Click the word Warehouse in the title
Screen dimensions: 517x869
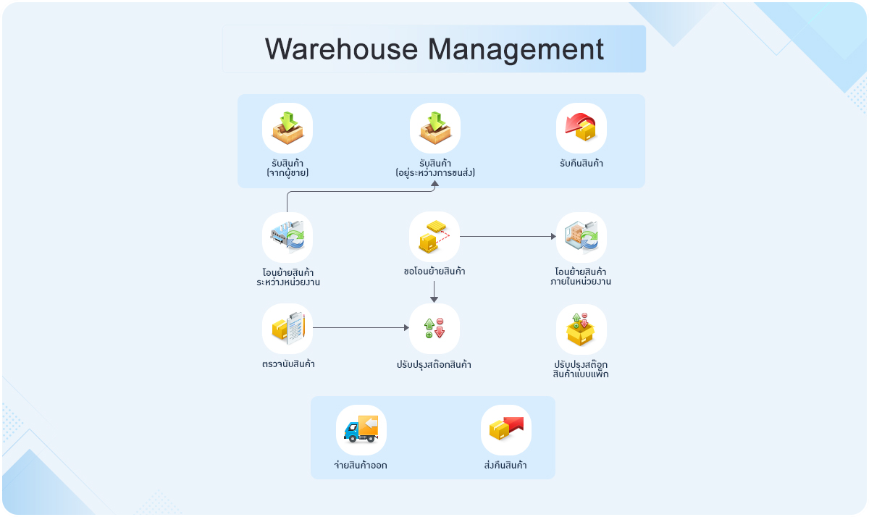(341, 49)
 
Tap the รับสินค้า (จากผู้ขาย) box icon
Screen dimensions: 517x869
(287, 128)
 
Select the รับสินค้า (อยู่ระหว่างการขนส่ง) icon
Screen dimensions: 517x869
(435, 128)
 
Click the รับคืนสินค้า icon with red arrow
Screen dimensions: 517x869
(582, 128)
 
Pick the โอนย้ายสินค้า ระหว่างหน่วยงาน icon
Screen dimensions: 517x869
(287, 237)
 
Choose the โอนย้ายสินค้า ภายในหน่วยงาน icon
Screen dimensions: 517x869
(582, 237)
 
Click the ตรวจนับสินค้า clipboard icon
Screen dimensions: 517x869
(287, 328)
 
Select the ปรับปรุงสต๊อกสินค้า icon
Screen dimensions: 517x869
(434, 328)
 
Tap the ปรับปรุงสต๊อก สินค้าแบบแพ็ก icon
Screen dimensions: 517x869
(582, 328)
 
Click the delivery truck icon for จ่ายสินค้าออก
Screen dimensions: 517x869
(361, 429)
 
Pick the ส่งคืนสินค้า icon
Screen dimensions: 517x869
(506, 429)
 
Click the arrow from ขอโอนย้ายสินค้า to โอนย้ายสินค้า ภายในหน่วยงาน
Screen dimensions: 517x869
(507, 236)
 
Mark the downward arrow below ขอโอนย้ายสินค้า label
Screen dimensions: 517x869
(434, 292)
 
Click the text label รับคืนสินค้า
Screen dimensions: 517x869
(582, 164)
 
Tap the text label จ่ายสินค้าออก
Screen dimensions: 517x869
(361, 465)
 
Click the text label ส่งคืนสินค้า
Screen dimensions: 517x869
(505, 465)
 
